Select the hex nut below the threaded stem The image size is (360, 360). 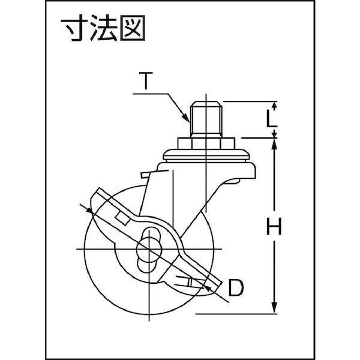[x=206, y=145]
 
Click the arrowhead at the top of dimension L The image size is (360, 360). [x=275, y=104]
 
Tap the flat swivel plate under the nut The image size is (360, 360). [x=206, y=158]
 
